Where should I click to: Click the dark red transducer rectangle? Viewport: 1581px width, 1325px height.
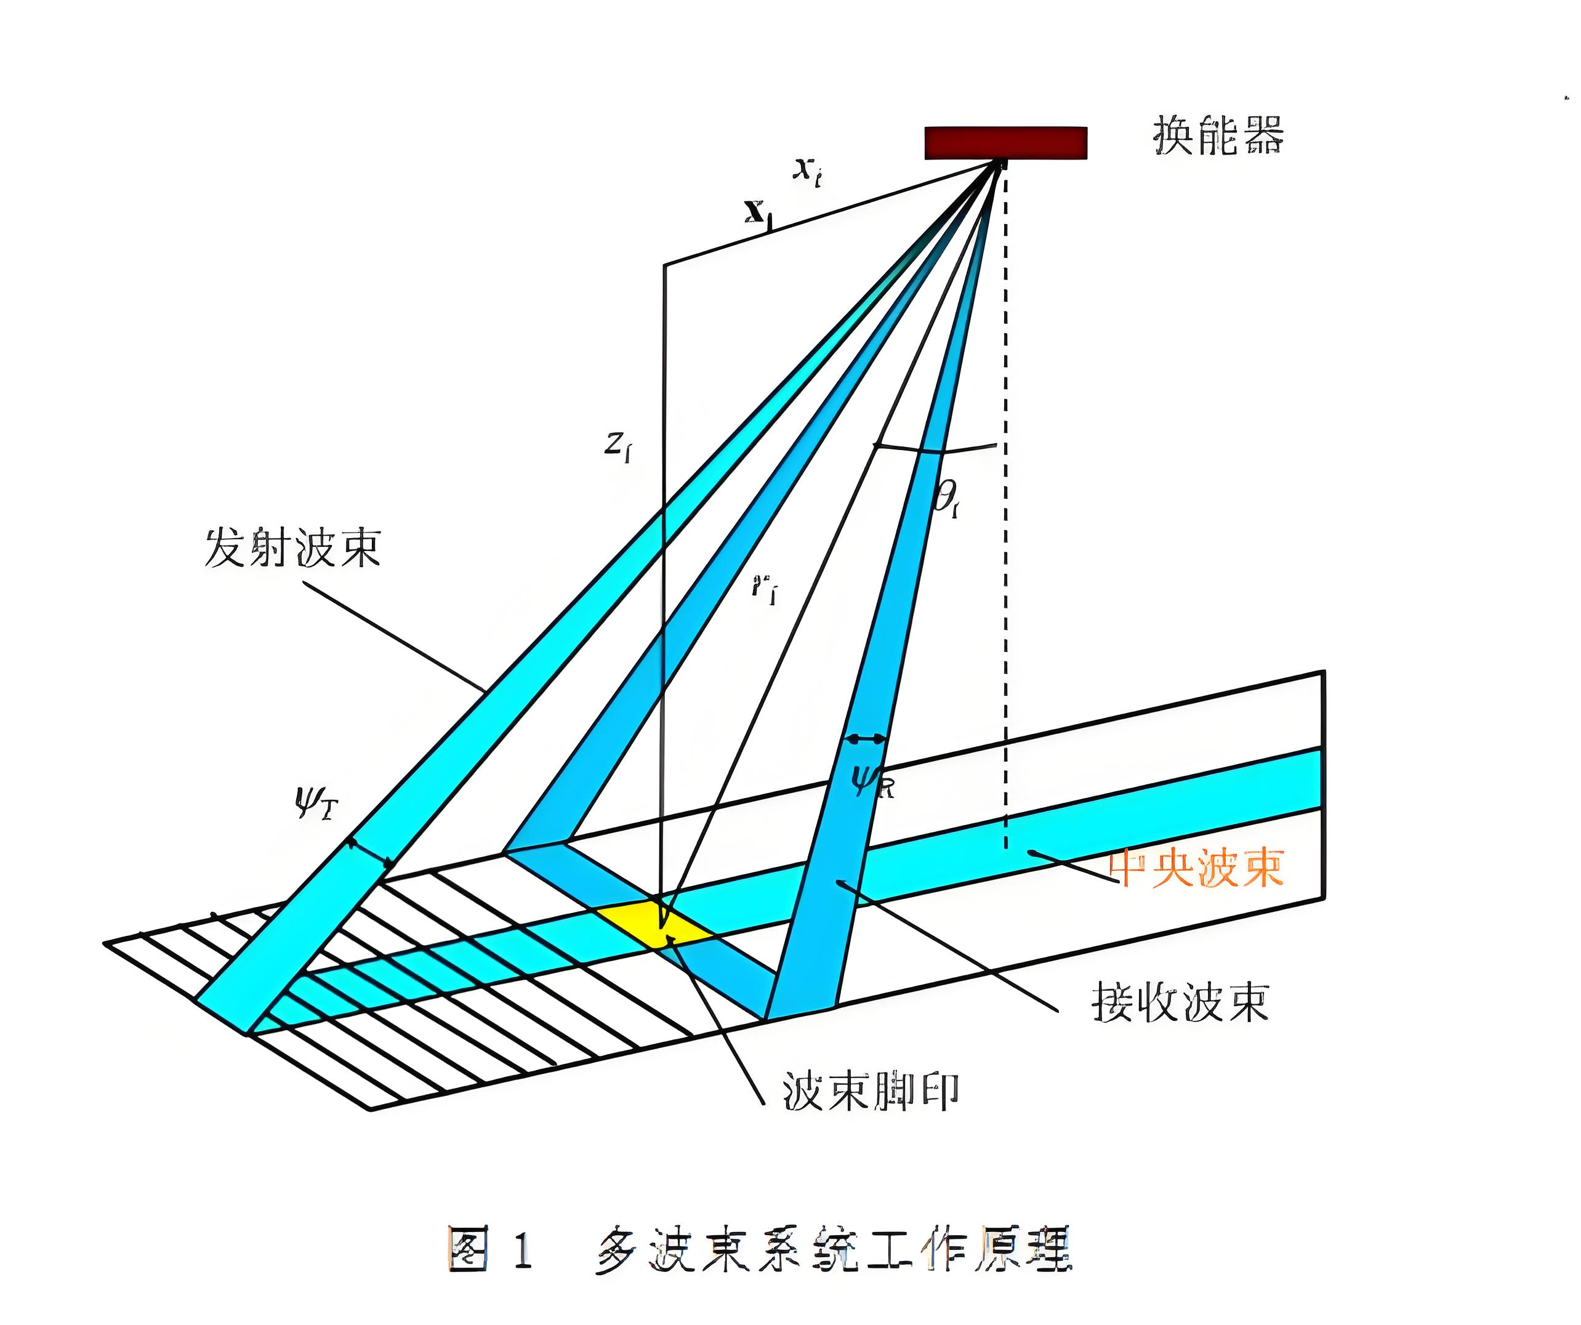tap(1005, 142)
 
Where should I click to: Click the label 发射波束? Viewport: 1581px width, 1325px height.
tap(292, 547)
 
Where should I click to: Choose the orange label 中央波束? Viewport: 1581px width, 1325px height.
tap(1197, 868)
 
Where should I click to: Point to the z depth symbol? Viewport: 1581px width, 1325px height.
tap(618, 446)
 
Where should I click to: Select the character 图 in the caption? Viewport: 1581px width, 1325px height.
tap(469, 1249)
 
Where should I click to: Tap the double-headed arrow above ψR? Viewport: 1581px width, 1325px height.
tap(866, 739)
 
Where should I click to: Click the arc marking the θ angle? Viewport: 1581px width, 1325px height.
tap(937, 449)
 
